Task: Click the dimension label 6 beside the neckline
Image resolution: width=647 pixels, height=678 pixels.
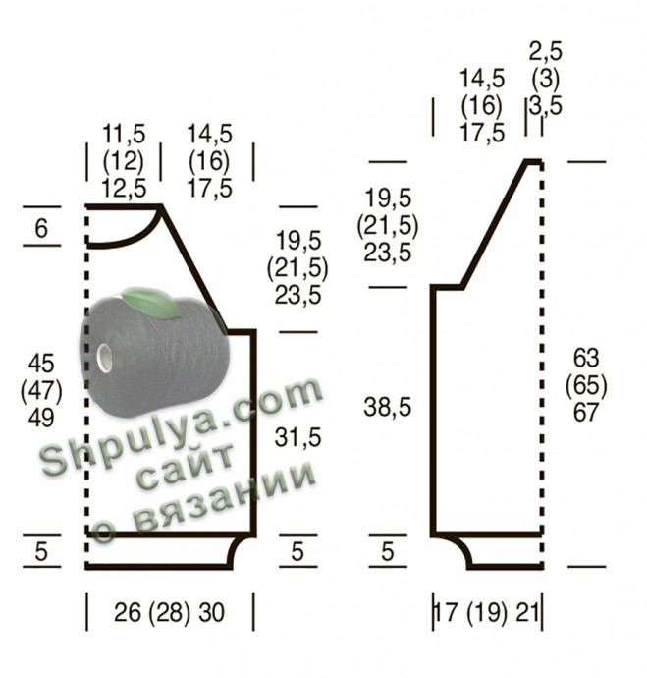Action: pyautogui.click(x=41, y=228)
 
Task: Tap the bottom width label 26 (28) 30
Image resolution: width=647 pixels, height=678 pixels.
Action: pyautogui.click(x=169, y=612)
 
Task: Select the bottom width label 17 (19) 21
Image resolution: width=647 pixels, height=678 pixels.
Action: pyautogui.click(x=488, y=612)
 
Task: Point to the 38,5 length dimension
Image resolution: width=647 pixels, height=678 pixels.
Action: pyautogui.click(x=388, y=408)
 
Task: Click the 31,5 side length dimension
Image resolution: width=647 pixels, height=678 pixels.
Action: pyautogui.click(x=298, y=437)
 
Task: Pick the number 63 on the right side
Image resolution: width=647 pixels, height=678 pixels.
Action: pyautogui.click(x=586, y=358)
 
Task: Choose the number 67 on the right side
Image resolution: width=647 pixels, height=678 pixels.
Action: pyautogui.click(x=586, y=412)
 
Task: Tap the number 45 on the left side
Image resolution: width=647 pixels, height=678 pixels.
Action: pyautogui.click(x=41, y=364)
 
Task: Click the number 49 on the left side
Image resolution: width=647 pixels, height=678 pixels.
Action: pyautogui.click(x=41, y=418)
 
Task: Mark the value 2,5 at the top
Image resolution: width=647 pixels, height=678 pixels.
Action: pyautogui.click(x=546, y=51)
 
